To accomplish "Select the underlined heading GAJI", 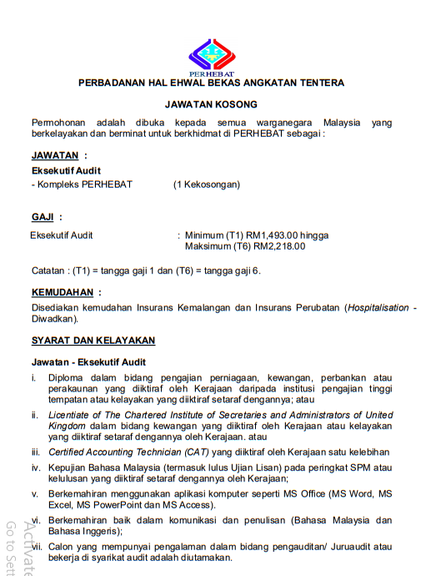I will [x=43, y=217].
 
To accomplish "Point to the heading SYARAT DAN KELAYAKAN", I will [x=93, y=341].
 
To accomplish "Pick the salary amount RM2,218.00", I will [x=280, y=246].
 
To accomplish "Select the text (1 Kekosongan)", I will [x=207, y=184].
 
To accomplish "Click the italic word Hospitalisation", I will [x=378, y=308].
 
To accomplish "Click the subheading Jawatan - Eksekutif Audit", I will [x=88, y=362].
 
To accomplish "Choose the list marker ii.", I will [x=35, y=415].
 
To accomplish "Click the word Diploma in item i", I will [x=67, y=379].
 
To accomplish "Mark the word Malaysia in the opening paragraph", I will [x=343, y=123].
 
